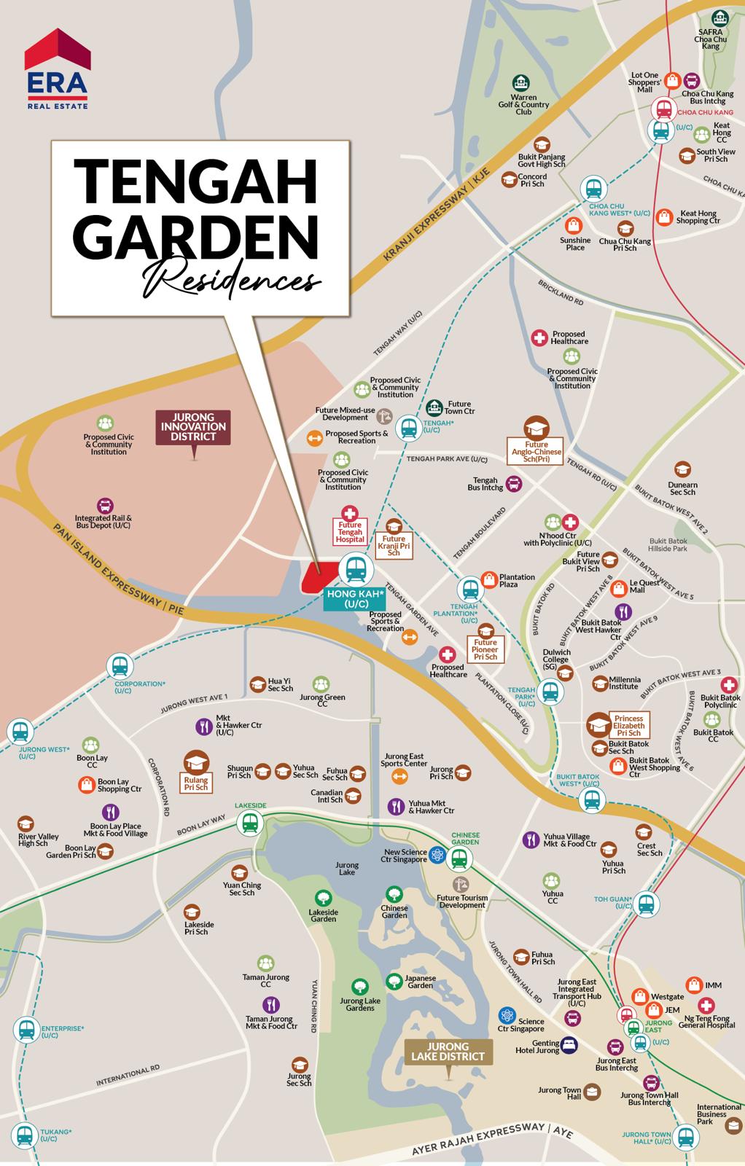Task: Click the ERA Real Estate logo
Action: click(x=58, y=69)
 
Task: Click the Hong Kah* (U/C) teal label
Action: click(x=347, y=599)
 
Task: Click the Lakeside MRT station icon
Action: click(x=250, y=823)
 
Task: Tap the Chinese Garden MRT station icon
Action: click(x=459, y=859)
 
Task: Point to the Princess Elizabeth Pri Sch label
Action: click(x=628, y=726)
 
